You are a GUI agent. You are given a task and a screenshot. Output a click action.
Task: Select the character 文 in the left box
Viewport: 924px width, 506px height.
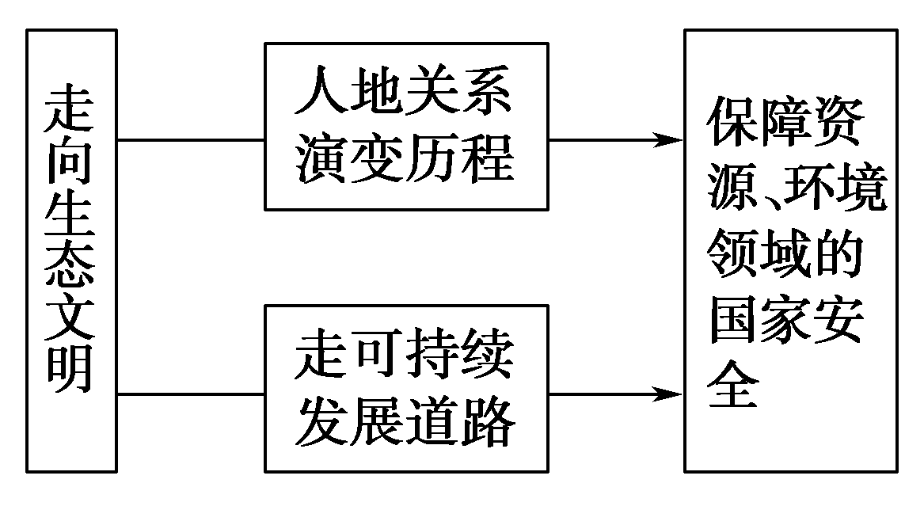71,318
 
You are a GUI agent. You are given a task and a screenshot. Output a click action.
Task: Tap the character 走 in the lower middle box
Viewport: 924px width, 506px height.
321,356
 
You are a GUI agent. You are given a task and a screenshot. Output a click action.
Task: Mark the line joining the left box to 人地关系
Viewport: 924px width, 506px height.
190,141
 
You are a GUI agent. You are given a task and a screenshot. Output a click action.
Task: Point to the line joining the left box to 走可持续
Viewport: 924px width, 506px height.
190,394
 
